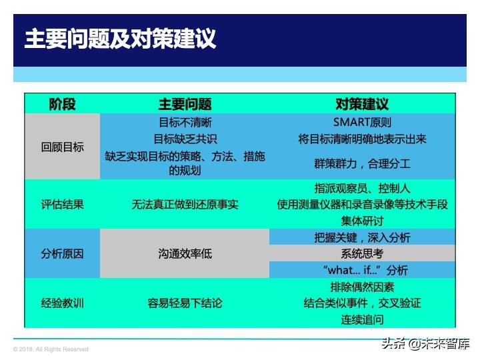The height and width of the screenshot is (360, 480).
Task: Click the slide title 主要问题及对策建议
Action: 120,39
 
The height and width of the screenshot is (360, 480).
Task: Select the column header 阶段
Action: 62,104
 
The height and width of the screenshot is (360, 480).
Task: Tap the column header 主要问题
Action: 185,104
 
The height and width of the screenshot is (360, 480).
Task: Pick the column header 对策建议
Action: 362,104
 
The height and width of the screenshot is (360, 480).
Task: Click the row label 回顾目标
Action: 62,147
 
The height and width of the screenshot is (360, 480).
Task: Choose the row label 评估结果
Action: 62,205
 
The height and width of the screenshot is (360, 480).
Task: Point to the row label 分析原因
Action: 62,254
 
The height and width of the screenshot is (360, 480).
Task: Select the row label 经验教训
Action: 62,303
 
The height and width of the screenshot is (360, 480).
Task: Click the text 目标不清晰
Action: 185,123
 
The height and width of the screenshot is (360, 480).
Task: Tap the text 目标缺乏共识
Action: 185,139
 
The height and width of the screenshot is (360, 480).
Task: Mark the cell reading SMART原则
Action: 362,123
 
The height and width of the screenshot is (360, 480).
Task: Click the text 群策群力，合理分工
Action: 362,163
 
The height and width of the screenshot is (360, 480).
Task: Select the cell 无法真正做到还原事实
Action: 185,205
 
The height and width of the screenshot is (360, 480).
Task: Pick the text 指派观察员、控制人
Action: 362,189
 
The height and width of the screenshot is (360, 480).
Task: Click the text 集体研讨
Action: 362,221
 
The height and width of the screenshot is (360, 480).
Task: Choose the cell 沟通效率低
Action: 185,254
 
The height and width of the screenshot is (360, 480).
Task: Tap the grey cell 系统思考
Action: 362,254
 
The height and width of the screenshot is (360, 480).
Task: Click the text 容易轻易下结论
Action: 185,303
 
